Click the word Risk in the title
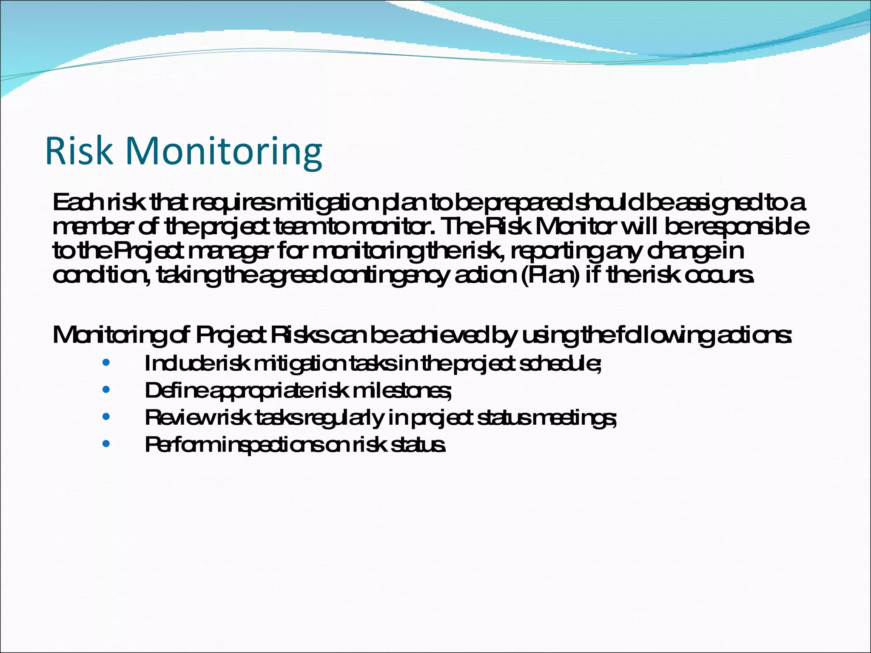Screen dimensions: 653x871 point(79,151)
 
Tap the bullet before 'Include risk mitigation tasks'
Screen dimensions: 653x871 point(106,363)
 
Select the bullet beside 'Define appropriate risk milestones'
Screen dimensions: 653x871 point(106,390)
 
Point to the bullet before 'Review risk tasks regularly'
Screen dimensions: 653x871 point(106,417)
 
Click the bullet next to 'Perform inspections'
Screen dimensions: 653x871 point(106,444)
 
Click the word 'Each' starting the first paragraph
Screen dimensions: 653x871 point(77,203)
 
